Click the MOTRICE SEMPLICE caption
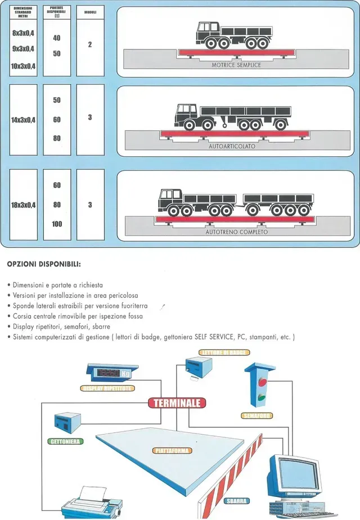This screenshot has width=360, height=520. (236, 65)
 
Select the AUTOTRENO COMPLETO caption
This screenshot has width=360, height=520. (236, 232)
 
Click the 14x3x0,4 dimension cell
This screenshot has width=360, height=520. (24, 120)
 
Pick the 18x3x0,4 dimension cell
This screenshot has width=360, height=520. (24, 205)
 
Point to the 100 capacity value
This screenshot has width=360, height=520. (57, 224)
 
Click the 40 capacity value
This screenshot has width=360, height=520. (57, 38)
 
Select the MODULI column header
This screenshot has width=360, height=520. (90, 11)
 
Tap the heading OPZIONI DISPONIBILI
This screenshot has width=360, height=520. (44, 263)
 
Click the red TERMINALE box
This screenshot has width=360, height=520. (177, 403)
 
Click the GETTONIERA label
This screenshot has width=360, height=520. (65, 442)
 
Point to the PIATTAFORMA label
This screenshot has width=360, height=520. (172, 450)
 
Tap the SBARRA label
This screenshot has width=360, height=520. (236, 500)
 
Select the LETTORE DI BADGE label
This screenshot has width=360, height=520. (223, 352)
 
